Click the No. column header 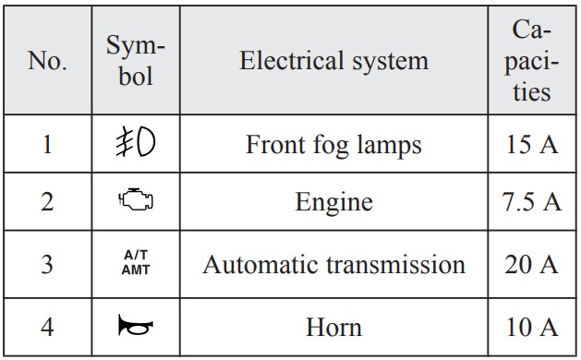click(47, 60)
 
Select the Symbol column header click(136, 60)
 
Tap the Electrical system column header click(333, 60)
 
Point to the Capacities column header click(531, 60)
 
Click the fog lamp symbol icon click(135, 141)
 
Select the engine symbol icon click(136, 199)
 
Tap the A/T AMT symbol click(136, 262)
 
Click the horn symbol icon click(136, 325)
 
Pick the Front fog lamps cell click(333, 145)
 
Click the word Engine click(333, 203)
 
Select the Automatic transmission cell click(333, 264)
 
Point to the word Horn click(333, 328)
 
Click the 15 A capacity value click(532, 144)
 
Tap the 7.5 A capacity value click(532, 202)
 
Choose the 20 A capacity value click(532, 264)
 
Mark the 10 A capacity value click(532, 328)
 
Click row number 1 click(47, 144)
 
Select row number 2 click(47, 202)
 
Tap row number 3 click(47, 264)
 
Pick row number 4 click(47, 328)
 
